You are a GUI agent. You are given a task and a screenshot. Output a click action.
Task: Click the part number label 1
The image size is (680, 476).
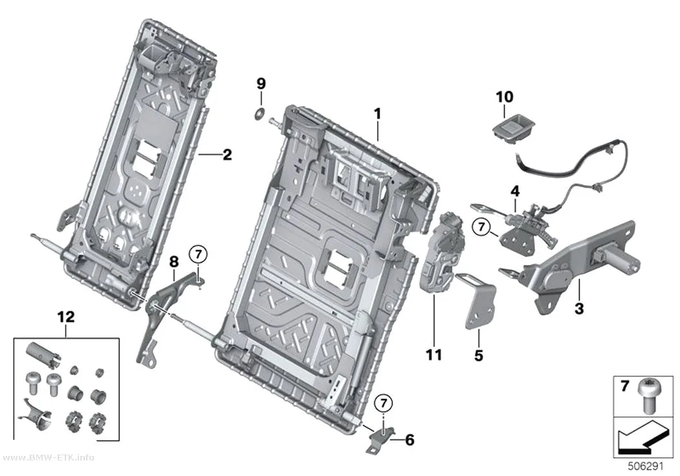tap(378, 114)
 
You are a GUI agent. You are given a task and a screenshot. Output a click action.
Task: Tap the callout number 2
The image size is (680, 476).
tap(227, 155)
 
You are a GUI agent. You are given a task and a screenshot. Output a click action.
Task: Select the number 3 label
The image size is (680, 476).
tap(579, 309)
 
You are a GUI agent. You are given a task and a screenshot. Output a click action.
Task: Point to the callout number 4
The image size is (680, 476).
tap(516, 191)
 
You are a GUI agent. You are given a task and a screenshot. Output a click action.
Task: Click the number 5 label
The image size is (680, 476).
tap(479, 356)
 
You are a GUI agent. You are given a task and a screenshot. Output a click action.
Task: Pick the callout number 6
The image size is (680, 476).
tap(409, 440)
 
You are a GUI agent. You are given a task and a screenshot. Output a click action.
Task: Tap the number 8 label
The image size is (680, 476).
tap(174, 262)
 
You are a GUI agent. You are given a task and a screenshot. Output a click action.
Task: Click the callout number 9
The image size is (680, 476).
tap(260, 83)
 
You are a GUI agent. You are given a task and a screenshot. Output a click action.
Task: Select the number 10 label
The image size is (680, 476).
tap(504, 96)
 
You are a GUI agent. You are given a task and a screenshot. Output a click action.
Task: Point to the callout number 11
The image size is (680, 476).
tap(434, 355)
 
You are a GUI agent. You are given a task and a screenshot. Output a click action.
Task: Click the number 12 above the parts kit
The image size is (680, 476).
tap(66, 317)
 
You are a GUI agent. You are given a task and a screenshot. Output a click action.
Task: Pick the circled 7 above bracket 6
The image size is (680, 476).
tap(383, 403)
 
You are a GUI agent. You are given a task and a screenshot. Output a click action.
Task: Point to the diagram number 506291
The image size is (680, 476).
tap(646, 466)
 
